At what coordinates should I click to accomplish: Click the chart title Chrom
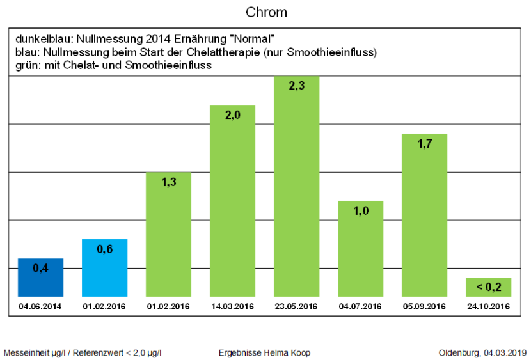pyautogui.click(x=266, y=13)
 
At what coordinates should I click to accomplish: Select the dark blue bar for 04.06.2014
pyautogui.click(x=40, y=278)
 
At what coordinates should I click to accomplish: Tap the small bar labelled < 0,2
pyautogui.click(x=487, y=287)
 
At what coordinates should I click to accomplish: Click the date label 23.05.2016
pyautogui.click(x=296, y=306)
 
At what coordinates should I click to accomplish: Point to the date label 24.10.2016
pyautogui.click(x=487, y=306)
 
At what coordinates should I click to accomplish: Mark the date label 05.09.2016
pyautogui.click(x=424, y=306)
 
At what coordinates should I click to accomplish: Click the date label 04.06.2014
pyautogui.click(x=40, y=306)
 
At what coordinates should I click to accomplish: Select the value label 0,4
pyautogui.click(x=40, y=268)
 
